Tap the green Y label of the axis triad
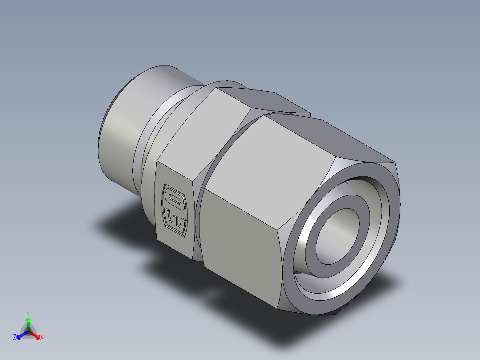pos(28,313)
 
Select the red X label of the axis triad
pos(42,338)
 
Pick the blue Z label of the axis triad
pos(14,338)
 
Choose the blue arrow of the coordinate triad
pos(20,335)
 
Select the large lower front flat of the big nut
pos(240,232)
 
